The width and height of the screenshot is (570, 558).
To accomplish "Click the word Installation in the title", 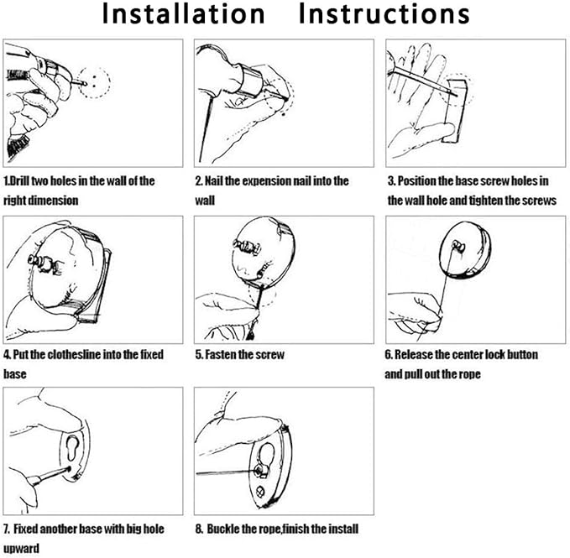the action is point(183,14).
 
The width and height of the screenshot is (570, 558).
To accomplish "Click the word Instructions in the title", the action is point(384,14).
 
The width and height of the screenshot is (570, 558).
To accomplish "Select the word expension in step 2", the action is point(267,180).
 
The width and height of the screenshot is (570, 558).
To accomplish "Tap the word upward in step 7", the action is point(22,548).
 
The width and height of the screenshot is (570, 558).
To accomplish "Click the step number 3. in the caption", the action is point(391,180).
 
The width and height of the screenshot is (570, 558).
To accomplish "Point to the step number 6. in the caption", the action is point(389,354).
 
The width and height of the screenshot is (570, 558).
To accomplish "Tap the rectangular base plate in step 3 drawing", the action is point(455,111).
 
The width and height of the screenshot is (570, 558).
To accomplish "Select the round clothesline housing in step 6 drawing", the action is point(465,250).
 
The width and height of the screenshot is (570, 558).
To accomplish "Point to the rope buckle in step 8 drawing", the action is point(262,472).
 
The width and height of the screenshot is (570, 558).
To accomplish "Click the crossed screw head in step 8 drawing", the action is point(260,493).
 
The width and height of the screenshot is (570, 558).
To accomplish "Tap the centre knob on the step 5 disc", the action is point(247,247).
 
